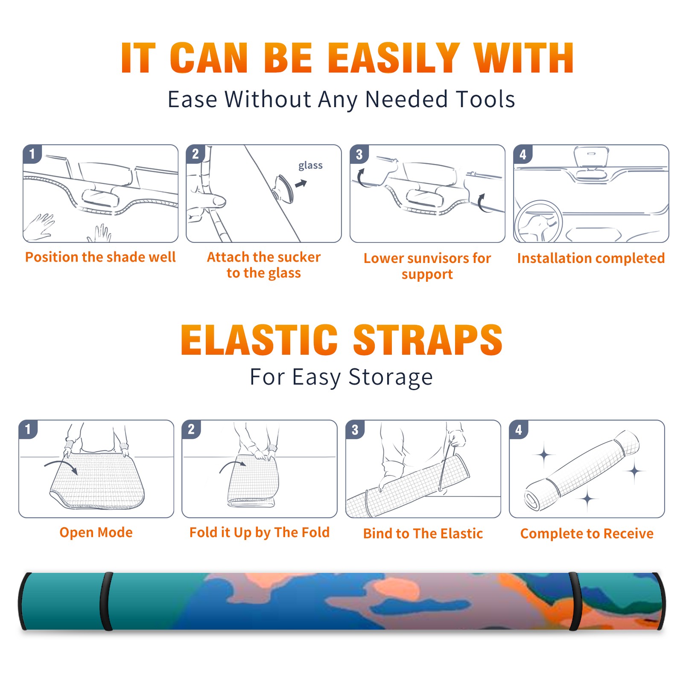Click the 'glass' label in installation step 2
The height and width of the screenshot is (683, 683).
tap(310, 166)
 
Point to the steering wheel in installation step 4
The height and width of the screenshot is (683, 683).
tap(538, 222)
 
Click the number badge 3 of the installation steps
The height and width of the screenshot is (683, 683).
tap(359, 154)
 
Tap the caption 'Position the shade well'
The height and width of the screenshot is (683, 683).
tap(100, 257)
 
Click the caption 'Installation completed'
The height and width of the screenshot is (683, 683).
tap(591, 258)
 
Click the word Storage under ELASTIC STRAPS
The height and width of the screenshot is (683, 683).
tap(391, 377)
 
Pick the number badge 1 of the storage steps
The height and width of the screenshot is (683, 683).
tap(28, 429)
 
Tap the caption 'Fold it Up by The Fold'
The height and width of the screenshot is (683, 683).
tap(260, 532)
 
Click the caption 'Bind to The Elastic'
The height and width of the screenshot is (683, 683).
tap(423, 534)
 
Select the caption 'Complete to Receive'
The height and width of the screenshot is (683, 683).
tap(587, 534)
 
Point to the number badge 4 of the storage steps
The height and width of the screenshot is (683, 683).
tap(519, 429)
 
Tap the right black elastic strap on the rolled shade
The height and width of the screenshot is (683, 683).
tap(575, 601)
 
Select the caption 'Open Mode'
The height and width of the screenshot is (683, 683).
tap(96, 532)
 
